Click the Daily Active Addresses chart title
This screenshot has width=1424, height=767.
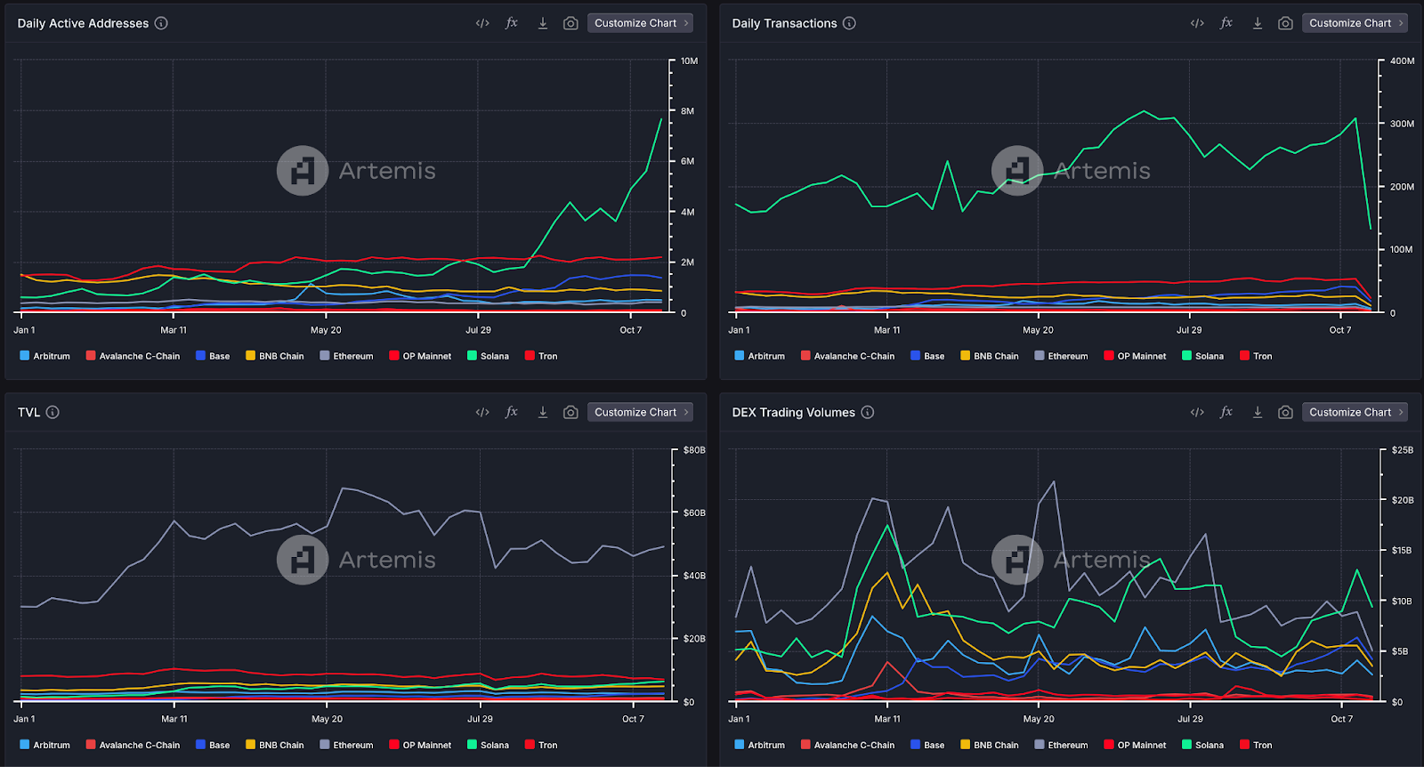(x=83, y=23)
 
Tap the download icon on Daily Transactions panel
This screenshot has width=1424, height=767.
(x=1258, y=23)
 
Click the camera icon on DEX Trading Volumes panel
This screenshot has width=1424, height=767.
(x=1285, y=412)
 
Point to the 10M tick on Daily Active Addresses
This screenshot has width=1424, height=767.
(x=689, y=61)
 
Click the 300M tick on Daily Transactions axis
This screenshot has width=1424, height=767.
(x=1402, y=124)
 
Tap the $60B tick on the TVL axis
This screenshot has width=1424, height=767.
(x=694, y=513)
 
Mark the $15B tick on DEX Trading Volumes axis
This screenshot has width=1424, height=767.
(x=1402, y=551)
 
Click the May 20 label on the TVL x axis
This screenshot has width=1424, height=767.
(x=327, y=719)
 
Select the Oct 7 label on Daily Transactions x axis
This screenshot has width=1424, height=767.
(x=1340, y=330)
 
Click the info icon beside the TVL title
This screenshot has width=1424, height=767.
(x=53, y=412)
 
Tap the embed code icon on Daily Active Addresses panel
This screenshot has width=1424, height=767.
(x=482, y=23)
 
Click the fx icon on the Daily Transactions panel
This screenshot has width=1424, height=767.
(x=1226, y=23)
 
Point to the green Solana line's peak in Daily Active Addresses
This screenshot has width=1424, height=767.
(x=661, y=118)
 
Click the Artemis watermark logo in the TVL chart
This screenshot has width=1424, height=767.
(x=303, y=560)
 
